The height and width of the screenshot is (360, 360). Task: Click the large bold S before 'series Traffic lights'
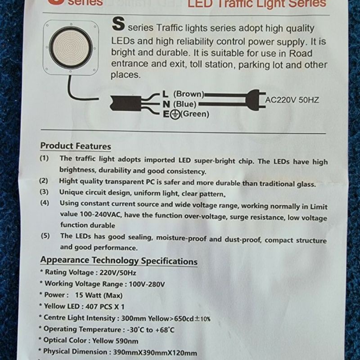click(x=118, y=24)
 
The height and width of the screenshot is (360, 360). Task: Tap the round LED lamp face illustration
click(x=71, y=48)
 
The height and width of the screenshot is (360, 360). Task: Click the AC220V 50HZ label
click(x=292, y=100)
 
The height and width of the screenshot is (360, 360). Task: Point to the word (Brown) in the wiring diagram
click(x=189, y=94)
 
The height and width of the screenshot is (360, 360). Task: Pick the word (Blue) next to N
click(x=185, y=104)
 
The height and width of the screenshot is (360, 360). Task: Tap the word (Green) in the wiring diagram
click(x=195, y=114)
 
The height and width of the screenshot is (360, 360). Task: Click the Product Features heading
click(x=76, y=146)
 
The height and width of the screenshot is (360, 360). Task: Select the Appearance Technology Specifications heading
click(x=119, y=261)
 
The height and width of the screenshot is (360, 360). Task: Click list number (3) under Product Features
click(x=44, y=192)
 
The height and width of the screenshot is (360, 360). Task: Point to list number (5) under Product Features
click(x=45, y=236)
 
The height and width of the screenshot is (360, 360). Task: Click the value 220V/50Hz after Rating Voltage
click(x=118, y=273)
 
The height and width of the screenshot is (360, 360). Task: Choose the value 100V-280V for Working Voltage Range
click(x=147, y=284)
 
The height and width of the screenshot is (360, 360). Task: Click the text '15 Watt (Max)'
click(x=99, y=295)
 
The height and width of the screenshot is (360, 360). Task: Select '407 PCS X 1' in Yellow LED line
click(x=105, y=306)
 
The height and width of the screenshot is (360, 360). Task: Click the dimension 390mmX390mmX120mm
click(x=155, y=352)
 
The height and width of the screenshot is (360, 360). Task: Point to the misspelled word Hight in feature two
click(x=66, y=181)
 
